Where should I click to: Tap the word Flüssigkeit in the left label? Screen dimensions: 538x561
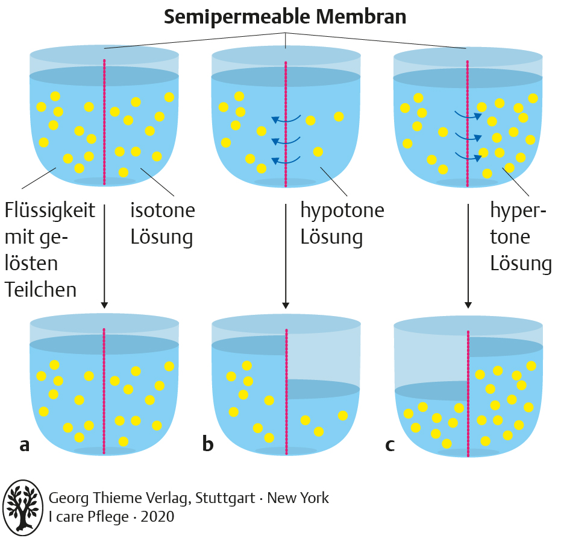50,210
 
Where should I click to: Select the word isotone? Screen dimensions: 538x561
163,210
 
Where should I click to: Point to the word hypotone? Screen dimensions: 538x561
342,210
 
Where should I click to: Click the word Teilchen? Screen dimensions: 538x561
41,290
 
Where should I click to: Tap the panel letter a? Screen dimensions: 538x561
24,445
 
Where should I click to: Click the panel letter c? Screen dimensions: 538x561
390,445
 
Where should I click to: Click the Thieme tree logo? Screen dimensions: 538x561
23,507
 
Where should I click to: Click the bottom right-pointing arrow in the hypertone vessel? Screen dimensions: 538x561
468,157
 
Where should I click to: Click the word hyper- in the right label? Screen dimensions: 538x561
518,210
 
